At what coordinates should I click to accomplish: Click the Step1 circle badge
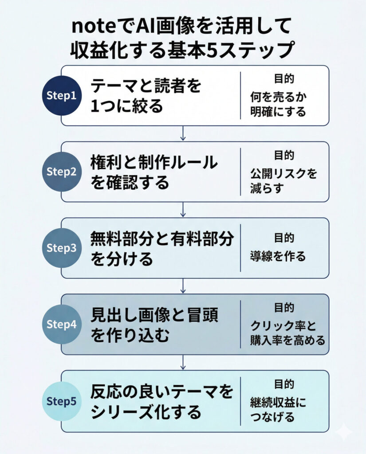[62, 96]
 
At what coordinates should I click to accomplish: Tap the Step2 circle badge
[62, 172]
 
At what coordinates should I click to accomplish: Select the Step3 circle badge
[62, 248]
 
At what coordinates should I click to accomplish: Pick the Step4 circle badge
[62, 325]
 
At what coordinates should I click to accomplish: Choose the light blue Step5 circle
[62, 401]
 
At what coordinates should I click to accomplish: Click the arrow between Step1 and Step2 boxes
[183, 133]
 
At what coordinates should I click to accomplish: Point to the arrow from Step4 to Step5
[183, 362]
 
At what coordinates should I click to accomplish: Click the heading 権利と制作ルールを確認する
[153, 172]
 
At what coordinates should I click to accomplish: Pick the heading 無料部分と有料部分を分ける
[161, 248]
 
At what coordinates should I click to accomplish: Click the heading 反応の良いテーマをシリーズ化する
[161, 401]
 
